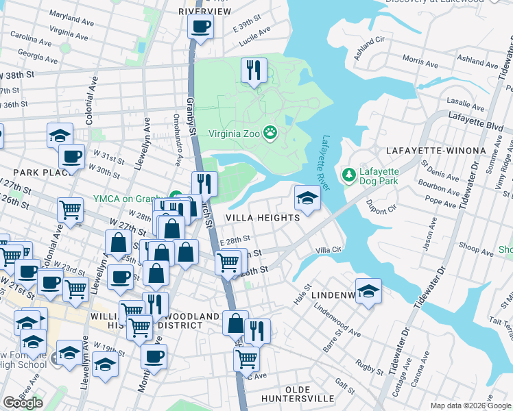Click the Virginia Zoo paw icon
point(272,133)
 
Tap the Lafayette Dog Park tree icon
point(350,175)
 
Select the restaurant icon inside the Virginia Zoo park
point(254,69)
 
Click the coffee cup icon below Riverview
point(200,27)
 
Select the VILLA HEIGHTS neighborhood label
point(264,218)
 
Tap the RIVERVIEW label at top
point(204,12)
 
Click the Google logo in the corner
point(23,403)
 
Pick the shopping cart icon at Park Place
point(71,210)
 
